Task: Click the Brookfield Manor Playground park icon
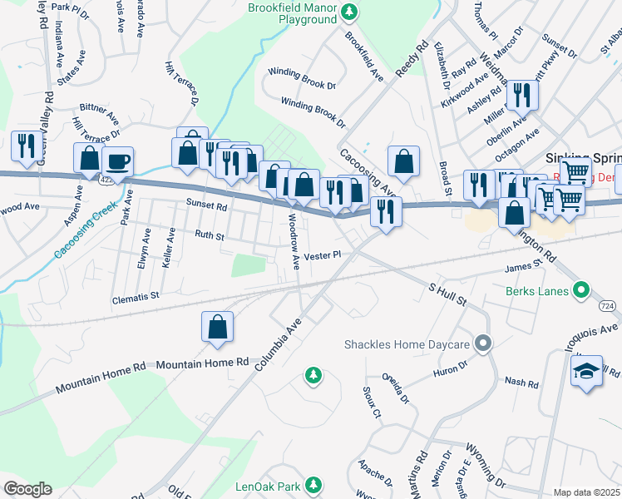(352, 11)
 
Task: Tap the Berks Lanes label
(536, 291)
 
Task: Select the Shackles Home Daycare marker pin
(482, 343)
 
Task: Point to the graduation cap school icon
(586, 371)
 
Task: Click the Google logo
(27, 488)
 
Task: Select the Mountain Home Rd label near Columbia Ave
(203, 363)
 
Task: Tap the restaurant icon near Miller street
(522, 96)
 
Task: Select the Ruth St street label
(209, 236)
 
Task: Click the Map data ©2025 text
(587, 492)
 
